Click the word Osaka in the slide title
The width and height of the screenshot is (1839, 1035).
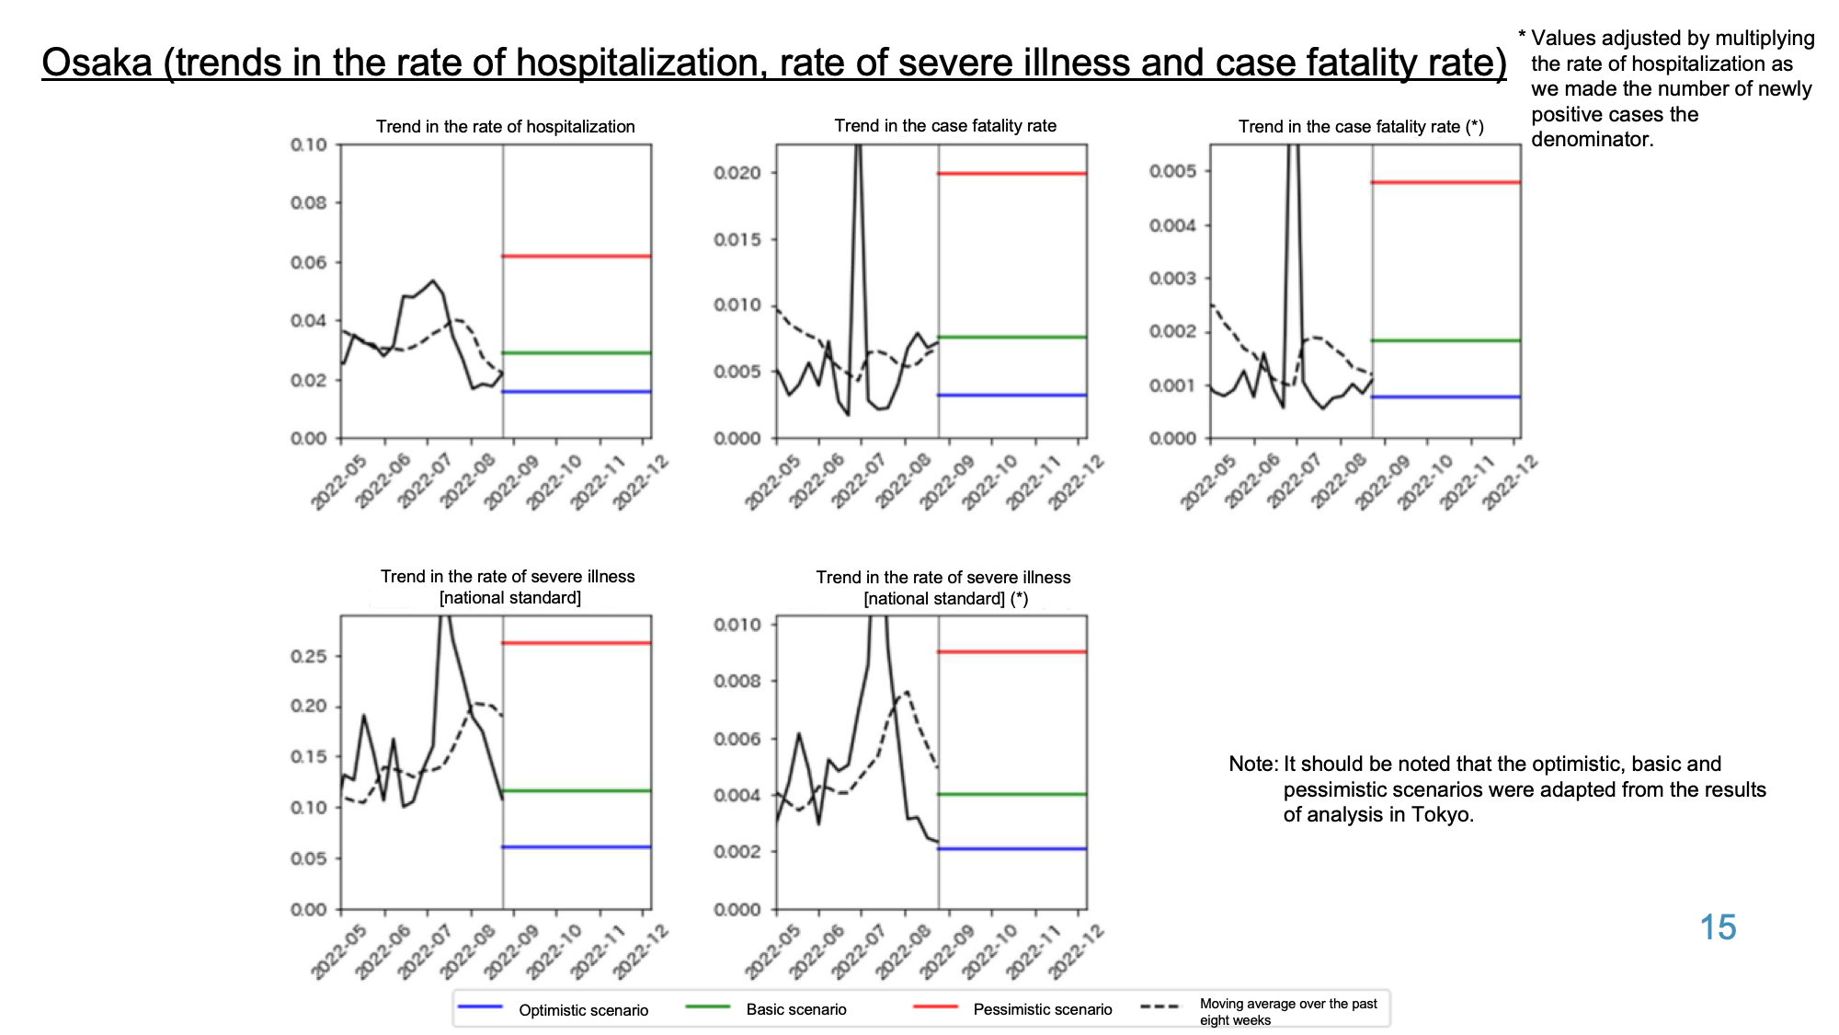coord(97,63)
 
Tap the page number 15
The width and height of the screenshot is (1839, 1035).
coord(1718,927)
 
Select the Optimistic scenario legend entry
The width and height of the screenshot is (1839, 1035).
coord(553,1009)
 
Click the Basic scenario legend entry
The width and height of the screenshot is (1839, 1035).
coord(766,1009)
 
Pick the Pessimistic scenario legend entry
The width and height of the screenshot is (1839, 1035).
coord(1012,1009)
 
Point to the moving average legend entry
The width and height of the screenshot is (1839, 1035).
coord(1259,1011)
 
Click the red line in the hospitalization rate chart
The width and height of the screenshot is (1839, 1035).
coord(577,256)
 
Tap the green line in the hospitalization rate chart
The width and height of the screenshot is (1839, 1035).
coord(577,353)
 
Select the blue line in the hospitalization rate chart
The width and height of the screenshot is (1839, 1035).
coord(577,392)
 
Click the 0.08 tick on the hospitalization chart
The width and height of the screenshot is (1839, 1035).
coord(309,202)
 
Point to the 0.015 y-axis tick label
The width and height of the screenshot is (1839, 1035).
coord(737,239)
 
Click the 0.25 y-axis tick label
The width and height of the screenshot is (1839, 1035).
coord(309,656)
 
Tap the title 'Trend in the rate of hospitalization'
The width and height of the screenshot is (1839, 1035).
coord(506,126)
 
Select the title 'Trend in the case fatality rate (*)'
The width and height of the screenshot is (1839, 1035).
coord(1361,126)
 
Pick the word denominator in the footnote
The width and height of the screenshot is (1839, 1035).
coord(1592,140)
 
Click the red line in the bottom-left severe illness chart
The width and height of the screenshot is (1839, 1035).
coord(577,643)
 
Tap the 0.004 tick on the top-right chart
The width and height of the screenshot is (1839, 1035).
coord(1173,225)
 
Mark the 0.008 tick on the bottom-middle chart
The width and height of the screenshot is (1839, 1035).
coord(737,681)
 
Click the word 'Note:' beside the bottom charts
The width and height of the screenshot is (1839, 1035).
coord(1253,765)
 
